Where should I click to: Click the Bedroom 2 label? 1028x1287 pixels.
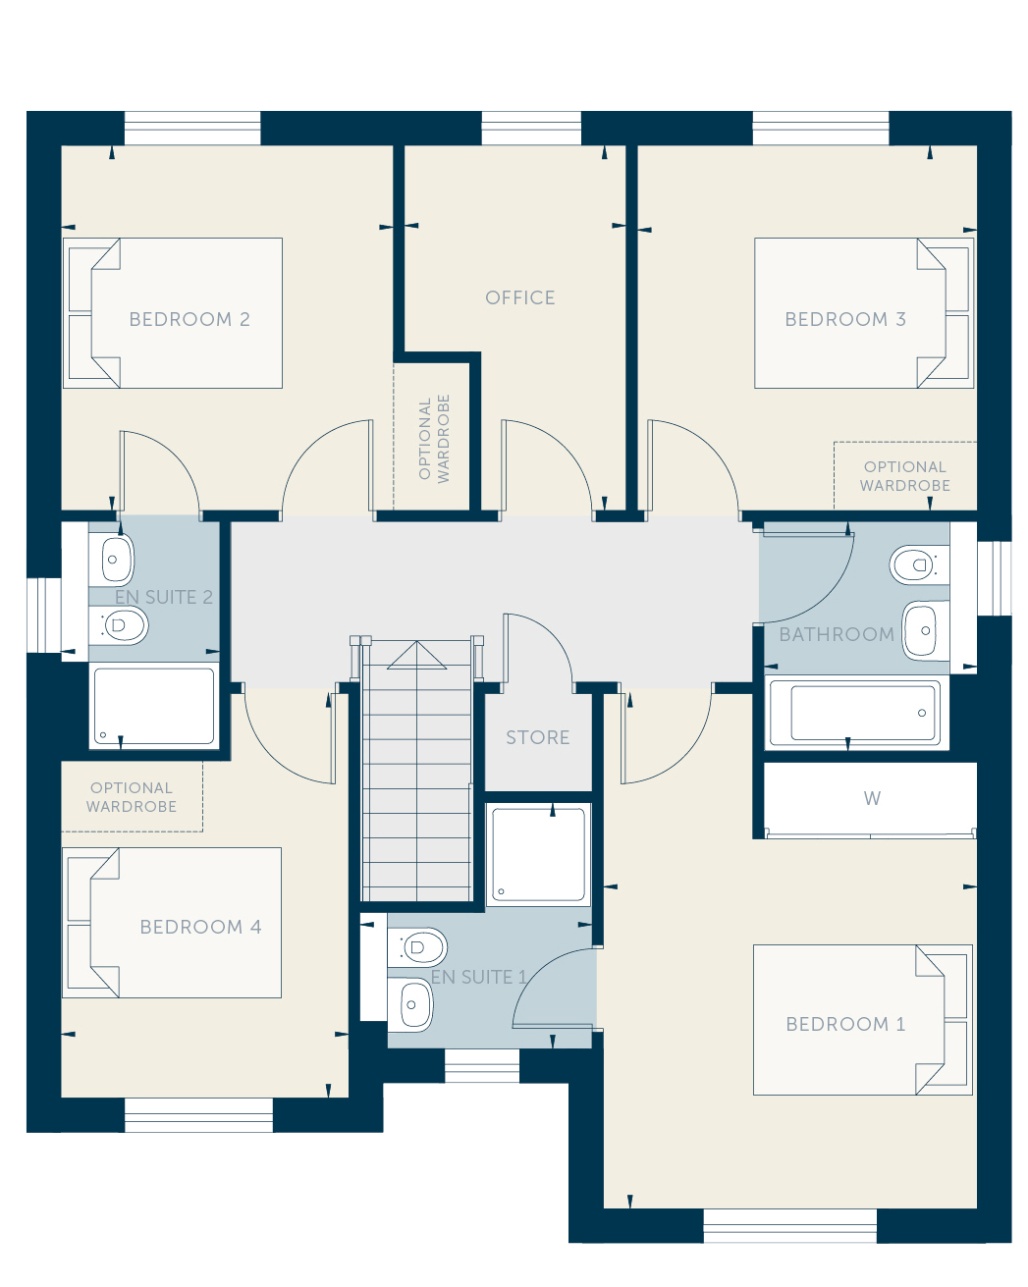[189, 319]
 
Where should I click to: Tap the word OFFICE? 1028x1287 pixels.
[519, 297]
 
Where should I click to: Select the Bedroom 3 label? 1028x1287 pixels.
[844, 319]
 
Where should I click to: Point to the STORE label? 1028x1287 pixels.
[537, 737]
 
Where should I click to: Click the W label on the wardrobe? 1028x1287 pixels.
[871, 798]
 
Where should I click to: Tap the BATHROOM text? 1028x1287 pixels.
[836, 634]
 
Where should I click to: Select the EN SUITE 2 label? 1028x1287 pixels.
[163, 597]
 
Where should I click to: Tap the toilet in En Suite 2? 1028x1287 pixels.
[119, 625]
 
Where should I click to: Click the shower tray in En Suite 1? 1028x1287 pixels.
[538, 854]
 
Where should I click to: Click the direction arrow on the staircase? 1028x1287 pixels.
[416, 656]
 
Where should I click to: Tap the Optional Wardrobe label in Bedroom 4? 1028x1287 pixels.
[131, 796]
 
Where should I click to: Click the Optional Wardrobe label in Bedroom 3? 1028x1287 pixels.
[904, 475]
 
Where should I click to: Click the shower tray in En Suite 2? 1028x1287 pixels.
[154, 706]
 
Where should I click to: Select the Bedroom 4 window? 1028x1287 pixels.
[198, 1114]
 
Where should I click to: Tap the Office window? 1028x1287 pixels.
[531, 128]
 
